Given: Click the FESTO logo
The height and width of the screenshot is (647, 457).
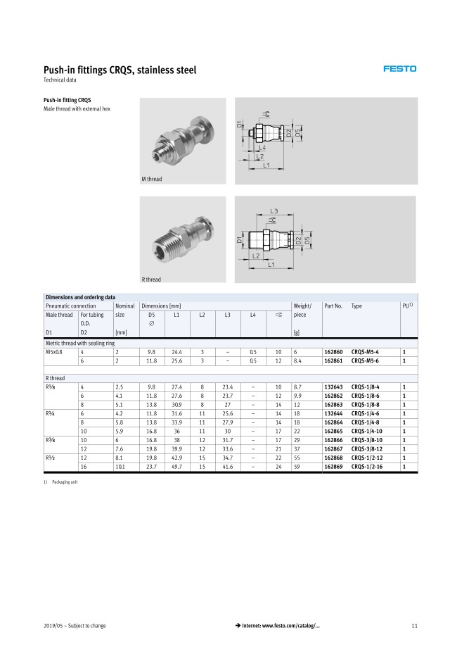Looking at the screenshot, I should point(399,69).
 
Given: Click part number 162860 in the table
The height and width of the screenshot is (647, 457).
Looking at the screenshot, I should point(333,351).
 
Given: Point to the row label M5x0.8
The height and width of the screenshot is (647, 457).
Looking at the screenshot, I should point(55,351).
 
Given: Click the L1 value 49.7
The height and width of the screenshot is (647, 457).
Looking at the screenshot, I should point(177,466).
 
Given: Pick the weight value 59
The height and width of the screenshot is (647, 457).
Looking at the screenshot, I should point(297,466).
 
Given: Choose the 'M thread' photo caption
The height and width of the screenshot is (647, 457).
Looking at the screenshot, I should point(152,180).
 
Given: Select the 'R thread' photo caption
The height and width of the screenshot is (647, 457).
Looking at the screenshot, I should point(151,280).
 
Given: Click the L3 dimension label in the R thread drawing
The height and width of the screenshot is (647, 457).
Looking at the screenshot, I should point(273,211).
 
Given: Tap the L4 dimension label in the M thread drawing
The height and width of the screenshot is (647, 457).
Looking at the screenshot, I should point(262,148).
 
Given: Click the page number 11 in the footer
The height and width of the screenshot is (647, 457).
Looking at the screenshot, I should point(414,627).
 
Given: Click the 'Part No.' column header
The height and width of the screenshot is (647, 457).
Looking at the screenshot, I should point(333,306).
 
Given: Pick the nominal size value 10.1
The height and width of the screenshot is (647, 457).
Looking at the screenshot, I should point(121,466).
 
